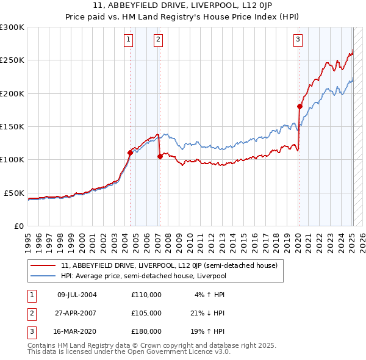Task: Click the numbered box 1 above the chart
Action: click(x=129, y=40)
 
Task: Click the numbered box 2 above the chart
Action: click(x=158, y=40)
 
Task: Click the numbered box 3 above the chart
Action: click(x=298, y=40)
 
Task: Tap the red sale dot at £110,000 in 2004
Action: click(x=130, y=153)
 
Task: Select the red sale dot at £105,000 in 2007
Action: click(x=160, y=156)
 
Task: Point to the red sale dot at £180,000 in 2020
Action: click(x=300, y=106)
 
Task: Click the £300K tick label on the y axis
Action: click(x=12, y=27)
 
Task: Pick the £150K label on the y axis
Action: click(x=12, y=126)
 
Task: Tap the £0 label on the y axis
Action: click(x=18, y=226)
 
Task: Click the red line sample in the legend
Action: click(x=43, y=265)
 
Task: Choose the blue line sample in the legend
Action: click(x=43, y=276)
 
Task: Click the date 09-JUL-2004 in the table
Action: click(x=77, y=294)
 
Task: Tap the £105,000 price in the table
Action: click(x=146, y=313)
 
